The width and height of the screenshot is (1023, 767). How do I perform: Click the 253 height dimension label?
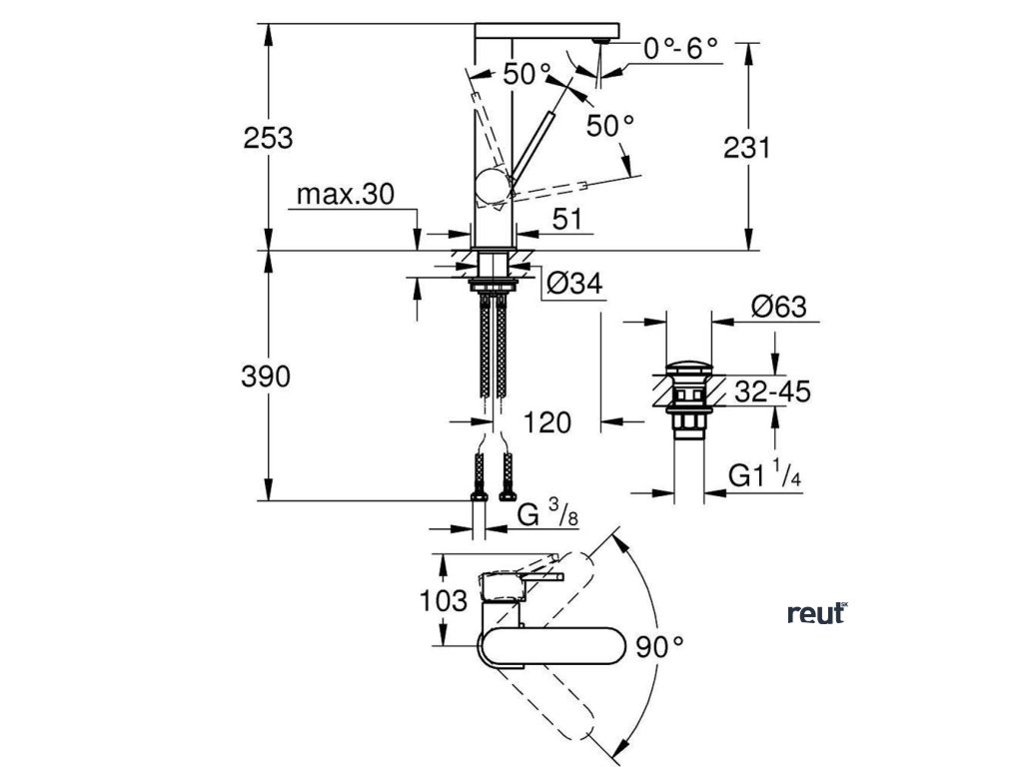[x=269, y=138]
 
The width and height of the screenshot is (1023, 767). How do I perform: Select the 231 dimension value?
[x=746, y=148]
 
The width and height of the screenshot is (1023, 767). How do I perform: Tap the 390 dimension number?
[x=268, y=377]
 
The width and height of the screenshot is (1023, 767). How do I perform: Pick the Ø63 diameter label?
[x=776, y=308]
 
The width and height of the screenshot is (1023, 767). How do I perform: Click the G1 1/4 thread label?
[x=764, y=476]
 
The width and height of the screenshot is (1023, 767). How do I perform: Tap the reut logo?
[x=816, y=613]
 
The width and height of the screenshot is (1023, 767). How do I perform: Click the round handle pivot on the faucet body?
[x=493, y=185]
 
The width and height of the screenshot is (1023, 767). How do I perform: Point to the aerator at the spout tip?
[x=601, y=38]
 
